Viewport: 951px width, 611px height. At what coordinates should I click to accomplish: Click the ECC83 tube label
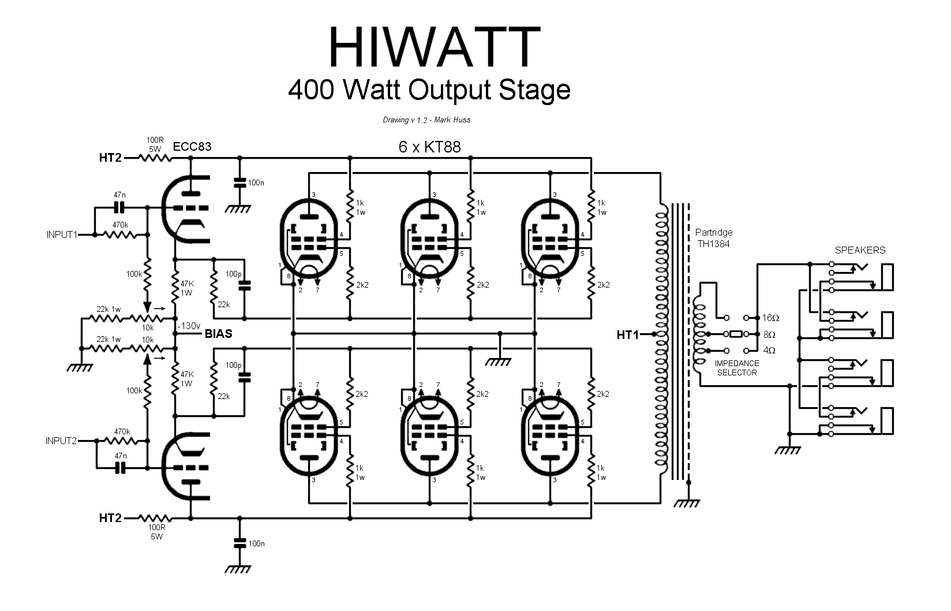point(193,147)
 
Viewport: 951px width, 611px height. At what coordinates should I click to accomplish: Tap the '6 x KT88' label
point(430,147)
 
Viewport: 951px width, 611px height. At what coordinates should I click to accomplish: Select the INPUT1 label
point(62,235)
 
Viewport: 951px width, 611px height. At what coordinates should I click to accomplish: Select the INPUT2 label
point(61,441)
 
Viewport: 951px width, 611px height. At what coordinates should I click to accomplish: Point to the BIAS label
point(219,334)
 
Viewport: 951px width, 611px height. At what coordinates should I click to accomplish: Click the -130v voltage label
point(188,325)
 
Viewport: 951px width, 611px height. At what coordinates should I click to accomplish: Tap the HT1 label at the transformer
point(628,334)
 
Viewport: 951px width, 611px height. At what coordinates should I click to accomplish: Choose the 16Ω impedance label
point(770,318)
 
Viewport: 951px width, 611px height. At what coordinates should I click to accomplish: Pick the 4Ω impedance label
point(769,350)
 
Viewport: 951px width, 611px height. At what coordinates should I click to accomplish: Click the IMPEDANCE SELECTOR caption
point(737,368)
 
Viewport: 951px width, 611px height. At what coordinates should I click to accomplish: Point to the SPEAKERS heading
point(860,250)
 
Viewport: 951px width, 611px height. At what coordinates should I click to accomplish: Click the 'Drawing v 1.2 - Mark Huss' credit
point(426,120)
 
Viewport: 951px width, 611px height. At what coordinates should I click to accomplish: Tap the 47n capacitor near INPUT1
point(120,207)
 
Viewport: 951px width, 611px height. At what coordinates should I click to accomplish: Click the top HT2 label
point(110,157)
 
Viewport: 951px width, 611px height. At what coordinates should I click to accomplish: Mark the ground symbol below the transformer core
point(687,502)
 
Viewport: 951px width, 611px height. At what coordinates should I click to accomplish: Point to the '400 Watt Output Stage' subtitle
point(429,90)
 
